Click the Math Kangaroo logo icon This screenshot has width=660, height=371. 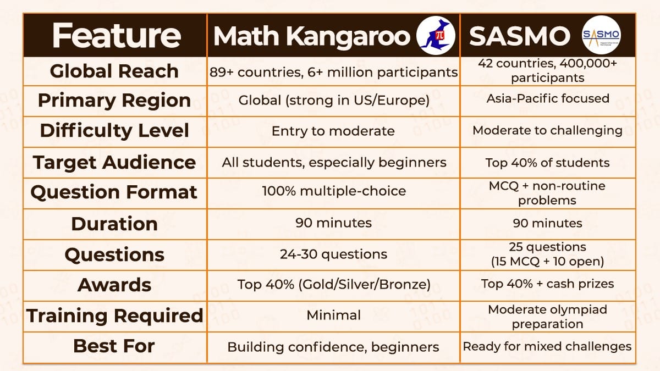437,36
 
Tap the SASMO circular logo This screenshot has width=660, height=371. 601,36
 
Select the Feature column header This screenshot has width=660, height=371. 116,36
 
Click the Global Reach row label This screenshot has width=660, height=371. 114,71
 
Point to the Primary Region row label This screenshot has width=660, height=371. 114,101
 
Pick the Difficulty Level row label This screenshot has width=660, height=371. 114,131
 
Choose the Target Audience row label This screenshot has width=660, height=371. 114,162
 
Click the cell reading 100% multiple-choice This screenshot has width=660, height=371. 334,191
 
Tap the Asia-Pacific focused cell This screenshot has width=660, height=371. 548,99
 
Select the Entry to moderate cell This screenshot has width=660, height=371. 333,131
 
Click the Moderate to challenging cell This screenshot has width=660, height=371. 548,131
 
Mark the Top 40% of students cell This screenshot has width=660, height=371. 548,163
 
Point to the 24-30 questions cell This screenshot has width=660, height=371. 333,254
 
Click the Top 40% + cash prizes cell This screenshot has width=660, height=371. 548,284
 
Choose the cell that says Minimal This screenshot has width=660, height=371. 333,315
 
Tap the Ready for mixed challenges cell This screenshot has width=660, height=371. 548,346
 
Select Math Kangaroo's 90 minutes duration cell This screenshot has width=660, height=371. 333,223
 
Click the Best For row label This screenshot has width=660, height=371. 114,346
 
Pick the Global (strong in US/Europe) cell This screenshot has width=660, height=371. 333,101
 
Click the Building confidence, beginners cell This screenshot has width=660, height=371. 333,347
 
